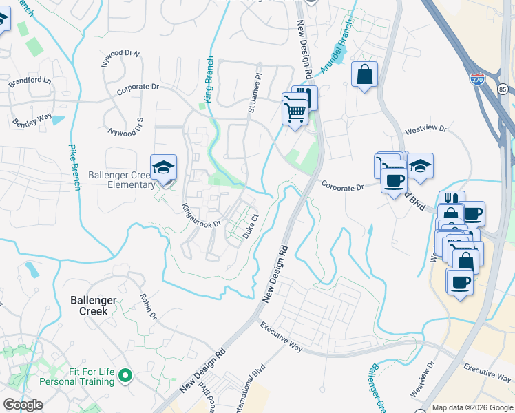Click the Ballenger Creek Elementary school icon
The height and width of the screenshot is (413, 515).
164,167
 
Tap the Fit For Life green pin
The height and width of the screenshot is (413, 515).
125,376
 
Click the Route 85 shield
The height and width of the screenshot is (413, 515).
503,89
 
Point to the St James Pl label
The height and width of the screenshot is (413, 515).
255,94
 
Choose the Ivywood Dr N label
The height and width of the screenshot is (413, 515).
120,54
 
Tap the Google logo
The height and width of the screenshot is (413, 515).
23,405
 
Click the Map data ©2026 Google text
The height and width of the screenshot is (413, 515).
472,407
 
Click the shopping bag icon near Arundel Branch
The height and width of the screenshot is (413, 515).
364,74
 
